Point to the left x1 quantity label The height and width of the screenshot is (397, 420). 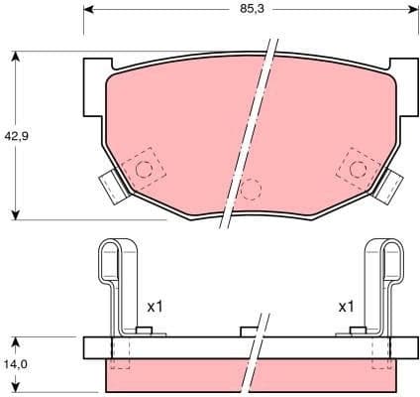point(155,307)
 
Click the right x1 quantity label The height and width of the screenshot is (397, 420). point(346,307)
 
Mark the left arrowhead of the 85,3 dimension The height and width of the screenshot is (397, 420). point(89,11)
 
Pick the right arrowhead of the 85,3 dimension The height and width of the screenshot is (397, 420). point(410,11)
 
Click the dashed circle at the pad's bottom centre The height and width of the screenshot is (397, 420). point(251,189)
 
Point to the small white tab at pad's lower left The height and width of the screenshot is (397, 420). point(111,185)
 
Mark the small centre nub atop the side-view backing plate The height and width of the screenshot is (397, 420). point(249,331)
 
